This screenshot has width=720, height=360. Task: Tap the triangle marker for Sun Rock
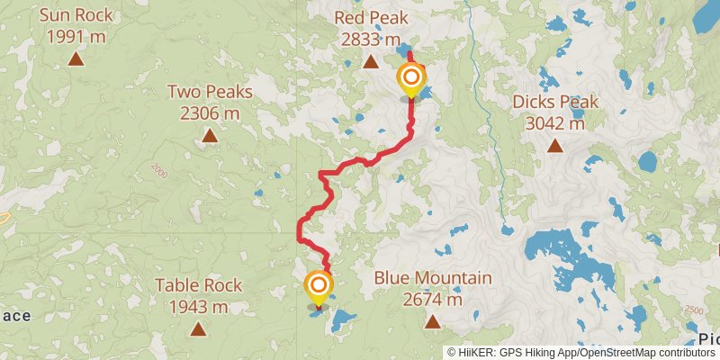coord(77,60)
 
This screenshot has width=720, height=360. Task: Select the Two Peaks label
coord(210,92)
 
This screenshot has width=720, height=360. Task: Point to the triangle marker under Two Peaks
coord(210,136)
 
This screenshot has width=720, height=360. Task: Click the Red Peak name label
coord(371,18)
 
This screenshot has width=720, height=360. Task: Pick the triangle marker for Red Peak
coord(371,61)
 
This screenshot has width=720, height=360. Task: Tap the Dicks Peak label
coord(554,102)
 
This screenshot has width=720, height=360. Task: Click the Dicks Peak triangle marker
coord(554,145)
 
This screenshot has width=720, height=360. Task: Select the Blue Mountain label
coord(433,278)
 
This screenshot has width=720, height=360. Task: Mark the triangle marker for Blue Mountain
coord(433,321)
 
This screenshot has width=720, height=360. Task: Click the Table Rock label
coord(199,285)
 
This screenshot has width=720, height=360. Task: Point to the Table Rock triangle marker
coord(198,328)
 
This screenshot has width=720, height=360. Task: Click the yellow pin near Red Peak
coord(411,78)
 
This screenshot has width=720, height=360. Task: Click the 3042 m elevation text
coord(554,123)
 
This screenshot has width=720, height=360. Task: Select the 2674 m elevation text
coord(433,300)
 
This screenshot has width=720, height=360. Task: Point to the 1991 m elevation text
coord(77,39)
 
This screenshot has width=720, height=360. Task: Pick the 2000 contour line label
coord(159,169)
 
